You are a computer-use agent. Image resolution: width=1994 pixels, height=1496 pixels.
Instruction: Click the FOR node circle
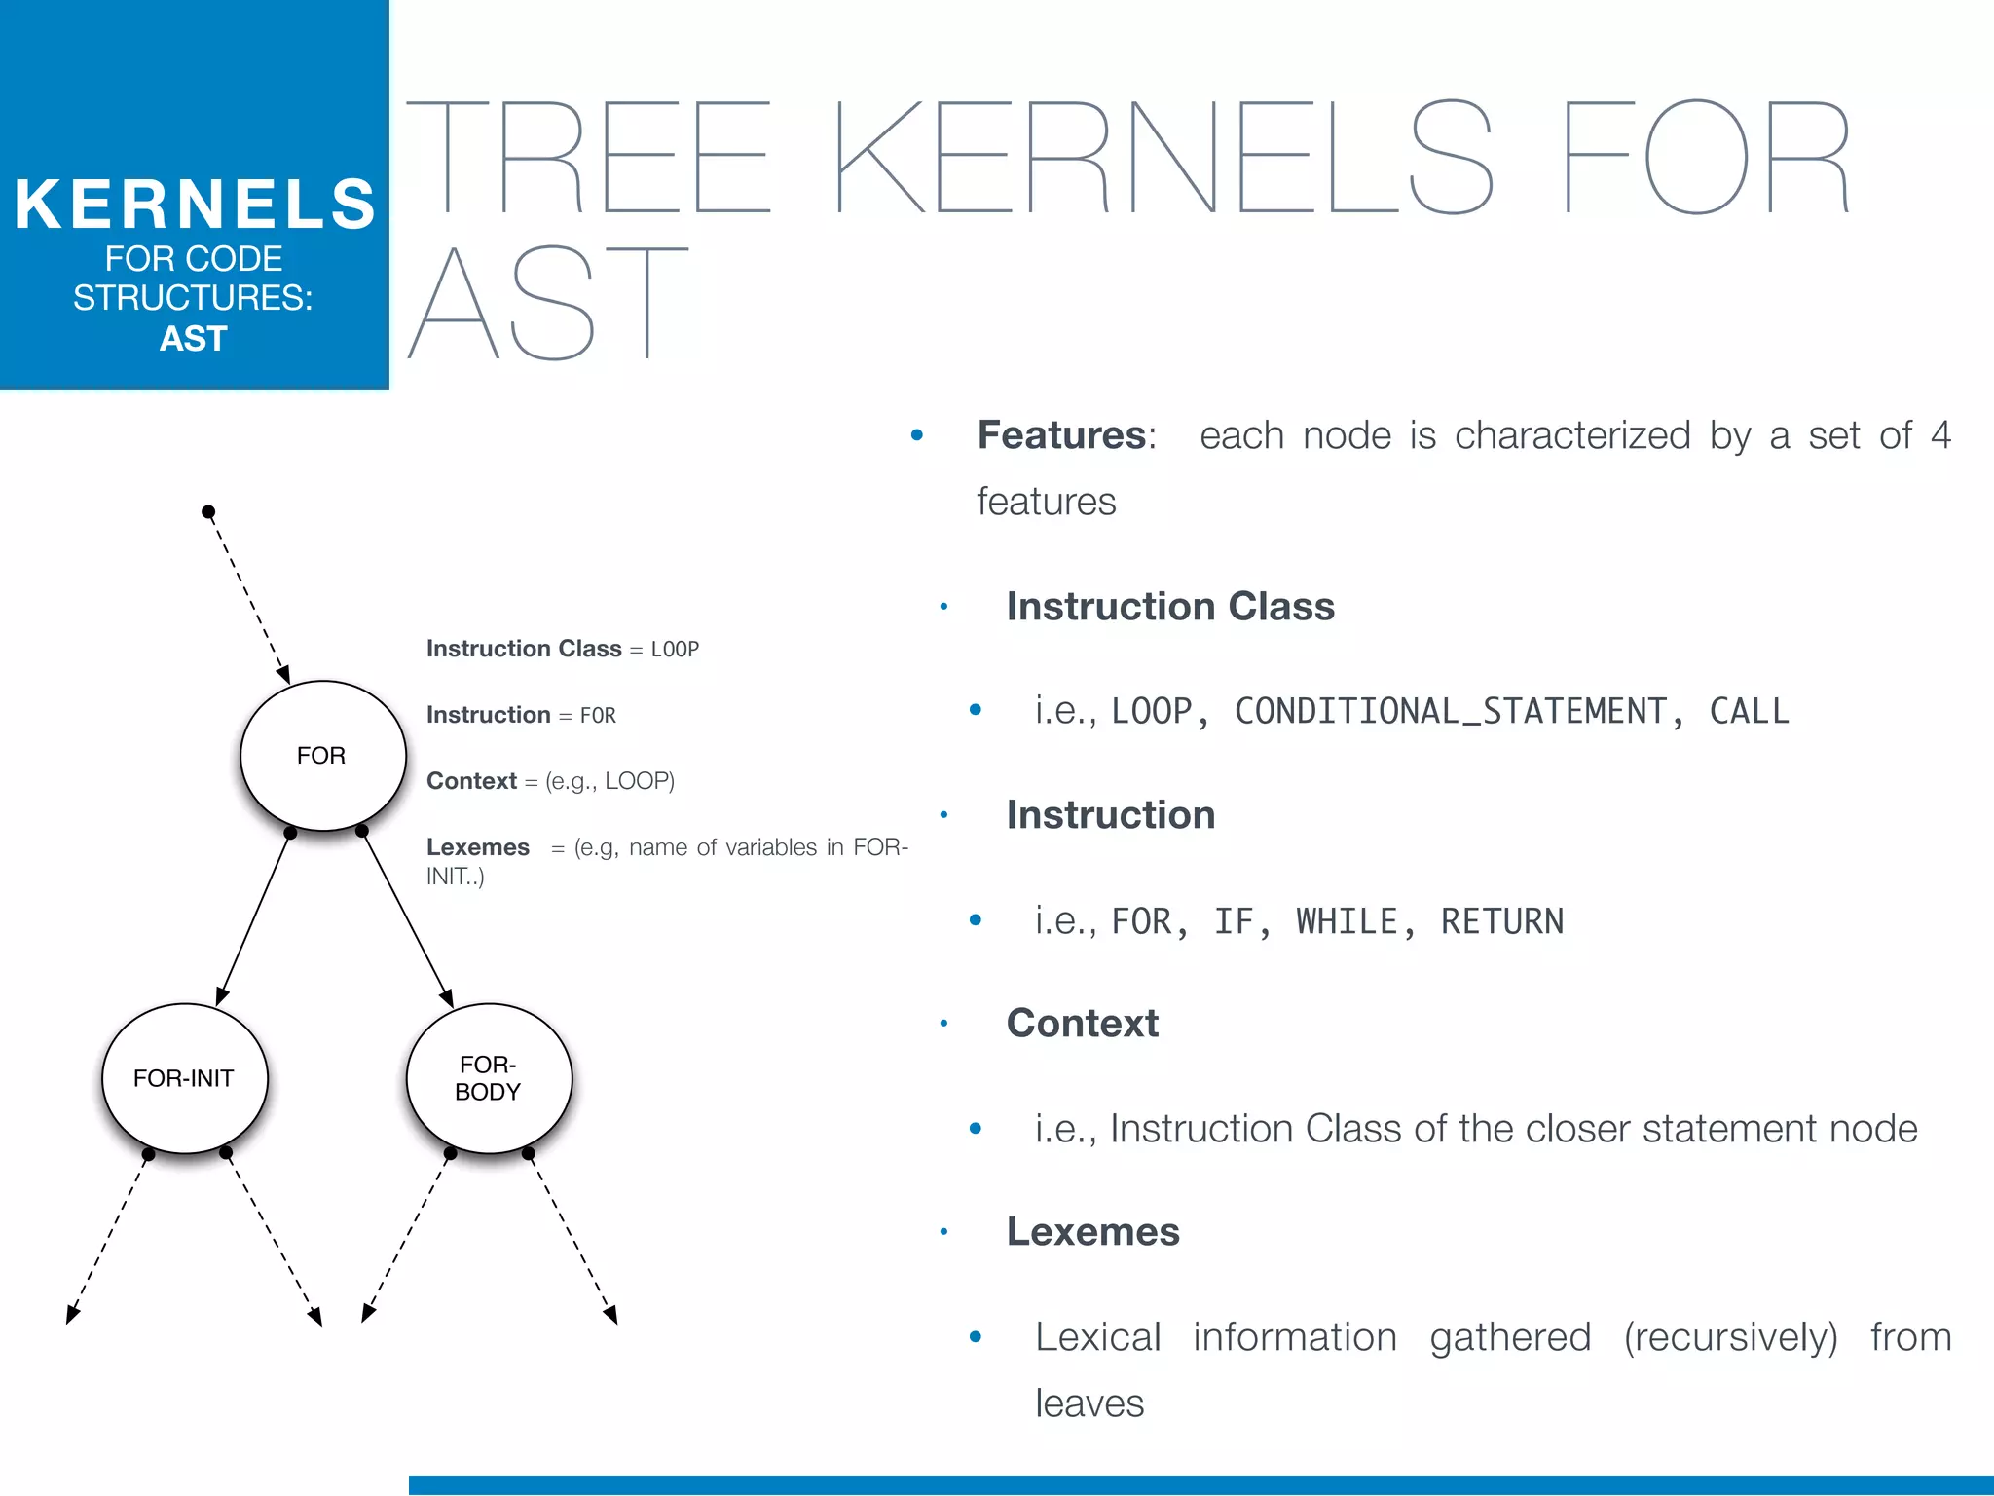point(322,756)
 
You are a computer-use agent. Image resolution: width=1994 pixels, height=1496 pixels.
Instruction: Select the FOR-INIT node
point(184,1078)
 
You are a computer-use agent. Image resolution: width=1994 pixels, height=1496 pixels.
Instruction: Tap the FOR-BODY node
point(488,1078)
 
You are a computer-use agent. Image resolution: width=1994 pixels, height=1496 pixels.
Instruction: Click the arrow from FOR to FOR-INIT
point(254,918)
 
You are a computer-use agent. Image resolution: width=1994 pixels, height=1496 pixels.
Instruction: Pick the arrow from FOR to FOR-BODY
point(407,918)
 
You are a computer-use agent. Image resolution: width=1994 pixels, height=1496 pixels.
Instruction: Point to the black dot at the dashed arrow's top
point(208,512)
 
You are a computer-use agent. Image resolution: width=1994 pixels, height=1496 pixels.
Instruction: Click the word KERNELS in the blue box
point(195,205)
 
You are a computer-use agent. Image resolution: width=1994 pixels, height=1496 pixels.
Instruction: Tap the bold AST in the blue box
point(194,339)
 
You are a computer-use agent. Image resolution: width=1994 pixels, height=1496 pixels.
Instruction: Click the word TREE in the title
point(589,158)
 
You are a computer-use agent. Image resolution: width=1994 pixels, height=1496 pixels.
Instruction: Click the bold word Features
point(1061,435)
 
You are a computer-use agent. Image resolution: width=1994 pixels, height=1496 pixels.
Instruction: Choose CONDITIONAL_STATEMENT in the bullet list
point(1451,712)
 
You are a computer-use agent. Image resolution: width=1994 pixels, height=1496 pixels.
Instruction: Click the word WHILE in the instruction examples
point(1346,921)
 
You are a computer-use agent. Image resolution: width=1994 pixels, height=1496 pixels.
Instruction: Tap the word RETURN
point(1502,921)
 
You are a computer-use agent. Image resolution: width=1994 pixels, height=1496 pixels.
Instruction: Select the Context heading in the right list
point(1082,1024)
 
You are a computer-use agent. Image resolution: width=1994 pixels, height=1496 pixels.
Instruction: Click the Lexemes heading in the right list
point(1092,1232)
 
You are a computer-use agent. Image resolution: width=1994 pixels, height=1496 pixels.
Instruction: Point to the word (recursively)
point(1730,1337)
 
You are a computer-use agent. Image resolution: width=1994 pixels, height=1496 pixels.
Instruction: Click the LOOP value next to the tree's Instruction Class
point(675,650)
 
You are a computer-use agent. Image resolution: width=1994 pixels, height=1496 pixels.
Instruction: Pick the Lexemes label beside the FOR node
point(478,847)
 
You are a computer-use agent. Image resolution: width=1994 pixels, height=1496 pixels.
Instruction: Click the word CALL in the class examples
point(1749,712)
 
